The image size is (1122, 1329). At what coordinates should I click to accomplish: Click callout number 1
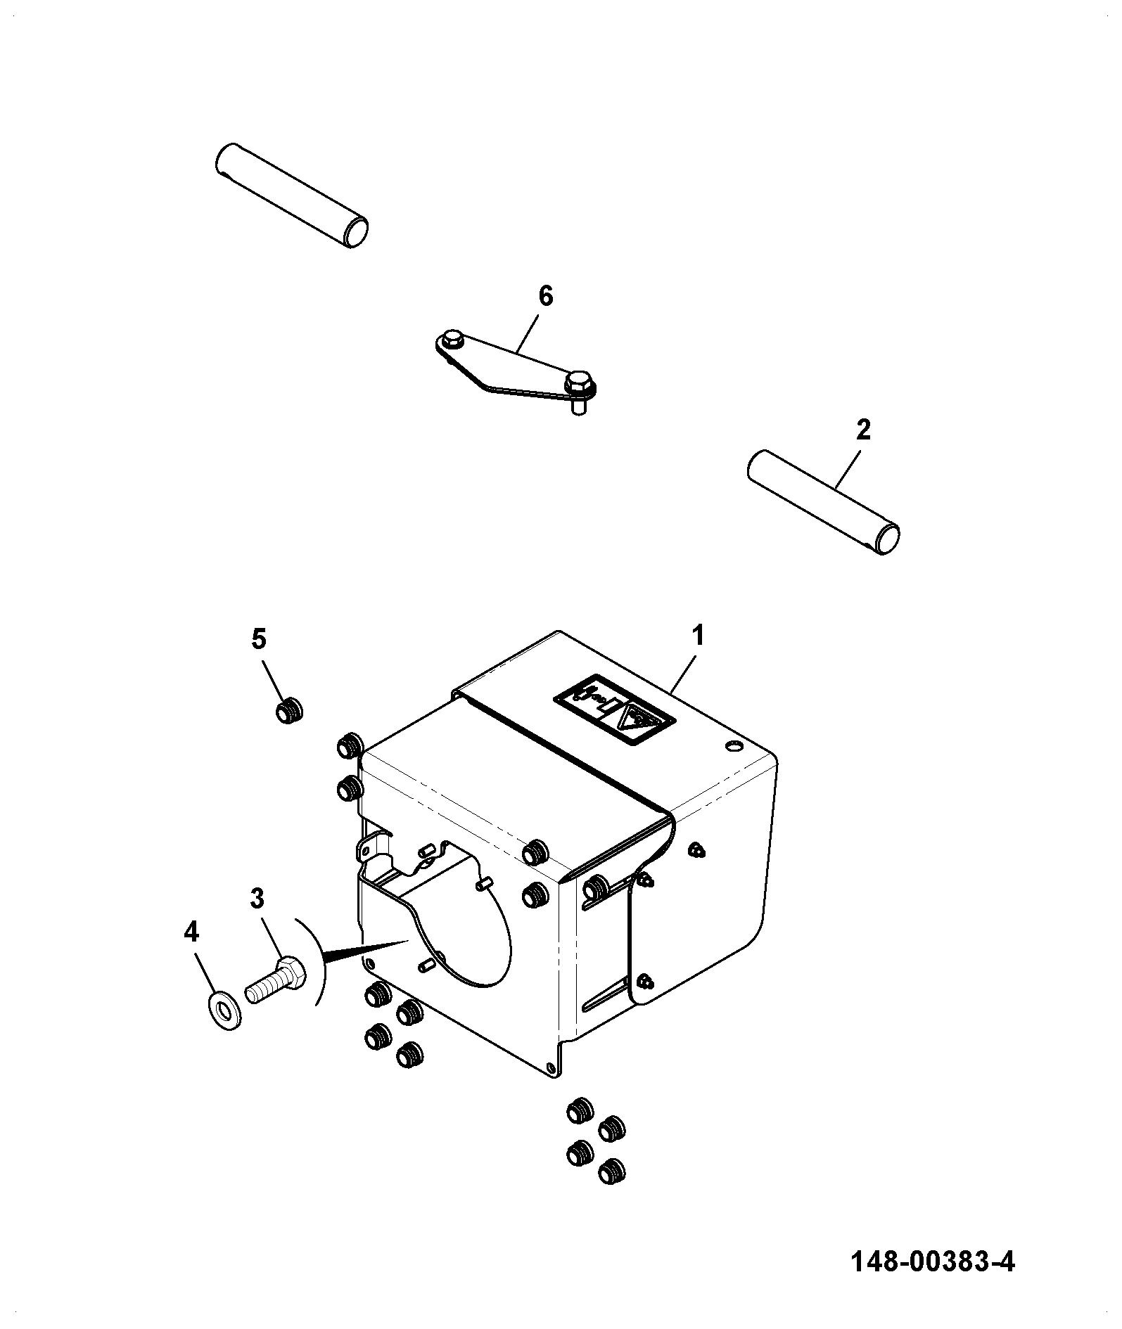[x=697, y=636]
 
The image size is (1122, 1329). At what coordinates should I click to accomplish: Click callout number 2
[x=863, y=430]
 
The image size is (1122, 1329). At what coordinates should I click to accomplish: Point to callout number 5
[x=259, y=639]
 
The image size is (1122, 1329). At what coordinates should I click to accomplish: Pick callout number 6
[x=546, y=296]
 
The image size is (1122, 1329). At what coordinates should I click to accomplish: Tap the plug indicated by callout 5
[x=288, y=712]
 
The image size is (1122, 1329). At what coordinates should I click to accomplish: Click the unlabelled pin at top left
[x=291, y=195]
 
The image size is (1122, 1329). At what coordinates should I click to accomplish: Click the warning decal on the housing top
[x=614, y=711]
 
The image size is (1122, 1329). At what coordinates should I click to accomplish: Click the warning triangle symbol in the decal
[x=638, y=722]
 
